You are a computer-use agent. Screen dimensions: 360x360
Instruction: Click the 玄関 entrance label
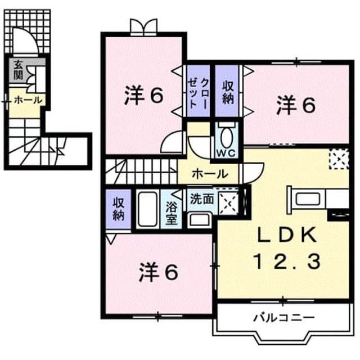[x=18, y=70]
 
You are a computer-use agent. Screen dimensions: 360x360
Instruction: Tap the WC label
[x=226, y=154]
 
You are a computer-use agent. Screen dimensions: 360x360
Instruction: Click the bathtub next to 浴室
[x=147, y=209]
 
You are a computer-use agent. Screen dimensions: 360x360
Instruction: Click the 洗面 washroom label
[x=202, y=199]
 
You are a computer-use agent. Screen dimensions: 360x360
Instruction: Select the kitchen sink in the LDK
[x=308, y=199]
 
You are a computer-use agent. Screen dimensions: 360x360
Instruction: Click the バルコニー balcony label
[x=283, y=318]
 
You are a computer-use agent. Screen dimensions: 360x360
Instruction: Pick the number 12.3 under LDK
[x=287, y=262]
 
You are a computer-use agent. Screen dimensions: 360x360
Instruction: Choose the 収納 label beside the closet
[x=227, y=92]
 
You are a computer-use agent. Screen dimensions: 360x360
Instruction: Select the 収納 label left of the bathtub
[x=119, y=209]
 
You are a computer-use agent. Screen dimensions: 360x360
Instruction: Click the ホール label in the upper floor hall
[x=210, y=174]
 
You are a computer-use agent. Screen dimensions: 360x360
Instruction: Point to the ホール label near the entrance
[x=29, y=100]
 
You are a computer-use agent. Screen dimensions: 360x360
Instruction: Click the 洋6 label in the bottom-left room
[x=159, y=272]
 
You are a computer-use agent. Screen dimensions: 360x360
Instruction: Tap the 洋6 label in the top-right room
[x=296, y=105]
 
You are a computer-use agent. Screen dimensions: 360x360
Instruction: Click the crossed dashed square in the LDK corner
[x=339, y=159]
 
